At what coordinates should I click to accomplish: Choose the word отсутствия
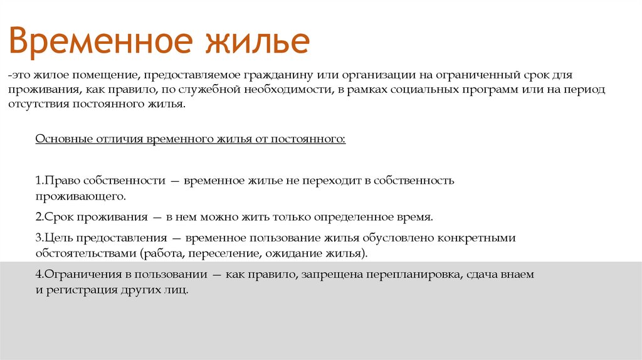[x=35, y=105]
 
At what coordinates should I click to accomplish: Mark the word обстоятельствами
[x=86, y=254]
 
